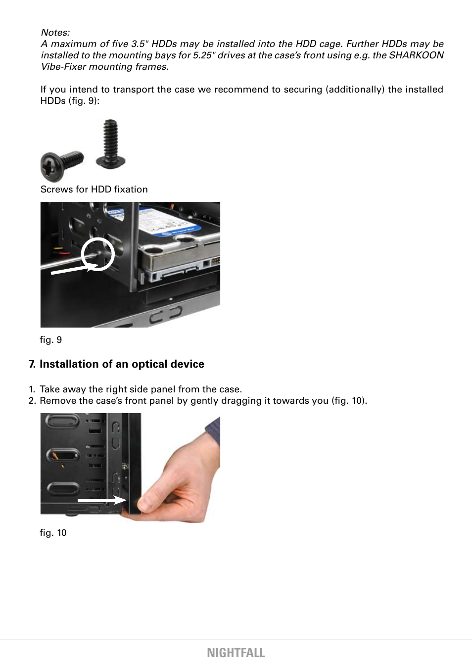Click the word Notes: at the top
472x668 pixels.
(55, 33)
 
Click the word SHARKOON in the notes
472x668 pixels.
(416, 55)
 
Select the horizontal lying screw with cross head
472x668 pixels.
(61, 165)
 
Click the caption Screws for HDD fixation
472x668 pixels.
(94, 190)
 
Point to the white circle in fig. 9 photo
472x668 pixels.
(98, 254)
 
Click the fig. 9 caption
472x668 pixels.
(51, 340)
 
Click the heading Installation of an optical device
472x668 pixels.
(122, 364)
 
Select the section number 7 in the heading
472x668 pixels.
(32, 364)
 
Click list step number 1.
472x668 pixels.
(32, 389)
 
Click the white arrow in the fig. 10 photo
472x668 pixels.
(101, 500)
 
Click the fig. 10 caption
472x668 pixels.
(53, 533)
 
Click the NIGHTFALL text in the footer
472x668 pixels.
(236, 653)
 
